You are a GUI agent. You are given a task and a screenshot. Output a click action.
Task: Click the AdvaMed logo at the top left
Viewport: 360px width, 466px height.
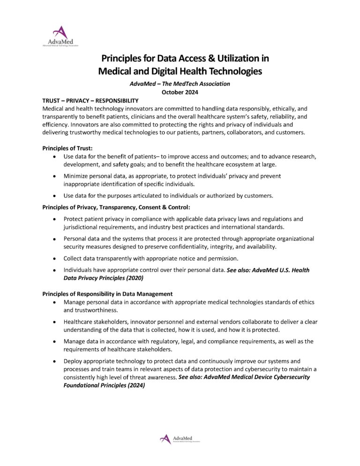(60, 37)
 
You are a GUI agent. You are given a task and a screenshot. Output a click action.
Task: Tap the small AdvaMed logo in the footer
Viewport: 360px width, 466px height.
(180, 439)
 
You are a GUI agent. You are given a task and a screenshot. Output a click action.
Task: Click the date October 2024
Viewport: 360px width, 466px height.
(180, 92)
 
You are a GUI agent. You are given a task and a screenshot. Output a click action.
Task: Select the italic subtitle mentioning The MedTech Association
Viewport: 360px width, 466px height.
(180, 84)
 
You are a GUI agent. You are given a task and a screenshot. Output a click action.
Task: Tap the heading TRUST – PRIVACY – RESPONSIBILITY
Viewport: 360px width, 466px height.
(90, 100)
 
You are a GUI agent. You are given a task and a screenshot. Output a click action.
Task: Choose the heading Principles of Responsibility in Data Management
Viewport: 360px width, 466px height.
(107, 294)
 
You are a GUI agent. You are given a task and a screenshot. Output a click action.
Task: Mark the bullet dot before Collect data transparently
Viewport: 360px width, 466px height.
(55, 258)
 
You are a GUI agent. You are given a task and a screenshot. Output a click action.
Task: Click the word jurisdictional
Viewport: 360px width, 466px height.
(82, 227)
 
